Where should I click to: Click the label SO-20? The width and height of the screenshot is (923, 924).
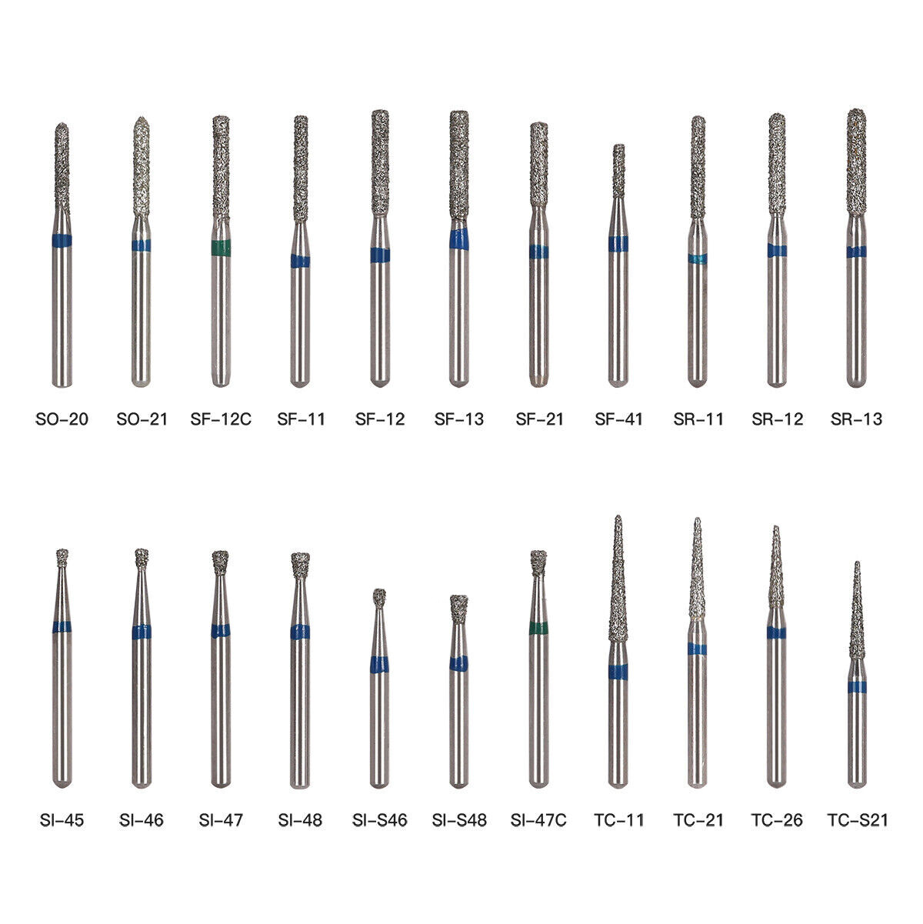[62, 419]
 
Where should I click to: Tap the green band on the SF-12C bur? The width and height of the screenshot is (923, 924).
[221, 247]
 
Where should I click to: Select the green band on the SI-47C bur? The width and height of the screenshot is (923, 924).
[538, 626]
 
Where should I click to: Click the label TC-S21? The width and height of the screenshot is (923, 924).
[858, 820]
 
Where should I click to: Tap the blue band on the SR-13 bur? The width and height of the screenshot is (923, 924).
[856, 251]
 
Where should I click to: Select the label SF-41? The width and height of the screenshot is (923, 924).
[618, 419]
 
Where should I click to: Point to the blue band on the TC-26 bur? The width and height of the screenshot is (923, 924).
[776, 633]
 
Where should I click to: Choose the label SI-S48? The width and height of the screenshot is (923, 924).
[459, 820]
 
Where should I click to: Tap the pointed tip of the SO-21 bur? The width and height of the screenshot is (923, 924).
[141, 120]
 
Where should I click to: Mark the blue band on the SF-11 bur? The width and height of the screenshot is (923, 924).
[300, 261]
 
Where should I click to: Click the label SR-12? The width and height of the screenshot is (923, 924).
[777, 419]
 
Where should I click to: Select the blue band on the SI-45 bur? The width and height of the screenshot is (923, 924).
[62, 626]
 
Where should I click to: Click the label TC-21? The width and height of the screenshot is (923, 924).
[698, 820]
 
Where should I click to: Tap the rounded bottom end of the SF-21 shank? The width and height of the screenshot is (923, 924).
[538, 380]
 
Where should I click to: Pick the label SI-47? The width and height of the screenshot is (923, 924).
[222, 820]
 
